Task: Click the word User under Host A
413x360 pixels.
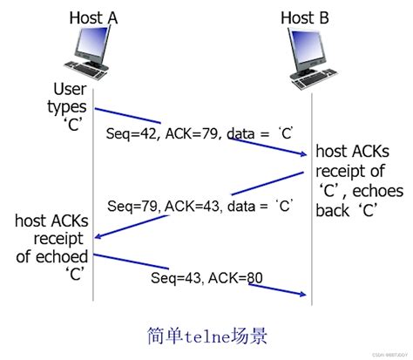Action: tap(71, 89)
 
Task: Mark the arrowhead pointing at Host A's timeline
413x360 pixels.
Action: tap(99, 235)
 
